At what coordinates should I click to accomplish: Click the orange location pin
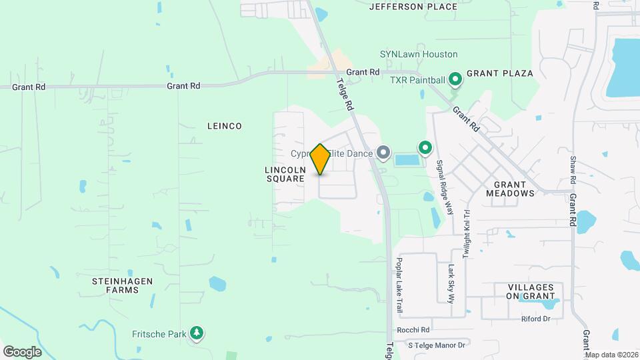pos(320,159)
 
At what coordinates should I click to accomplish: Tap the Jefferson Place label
pos(413,7)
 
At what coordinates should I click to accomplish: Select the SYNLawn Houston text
pos(419,54)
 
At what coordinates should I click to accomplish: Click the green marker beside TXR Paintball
pos(455,80)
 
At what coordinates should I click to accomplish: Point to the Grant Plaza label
pos(499,73)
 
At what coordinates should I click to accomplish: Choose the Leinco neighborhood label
pos(224,126)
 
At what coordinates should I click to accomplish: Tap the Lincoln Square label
pos(285,174)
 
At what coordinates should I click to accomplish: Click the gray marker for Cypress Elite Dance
pos(383,153)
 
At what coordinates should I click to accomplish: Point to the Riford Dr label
pos(535,319)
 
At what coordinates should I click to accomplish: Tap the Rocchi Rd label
pos(413,329)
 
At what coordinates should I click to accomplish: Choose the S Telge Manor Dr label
pos(436,344)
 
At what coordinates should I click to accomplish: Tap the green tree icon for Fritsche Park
pos(196,332)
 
